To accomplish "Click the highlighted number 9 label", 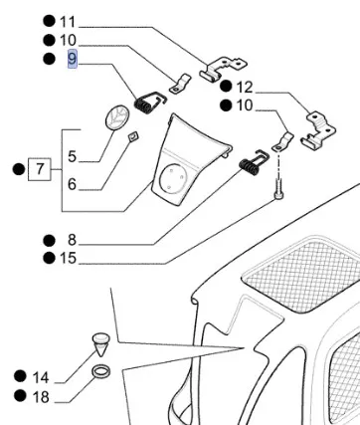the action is click(x=73, y=59).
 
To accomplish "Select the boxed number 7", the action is click(x=40, y=169).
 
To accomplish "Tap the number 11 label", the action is click(x=68, y=22).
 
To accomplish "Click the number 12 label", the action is click(x=245, y=88).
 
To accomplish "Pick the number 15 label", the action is click(x=68, y=258).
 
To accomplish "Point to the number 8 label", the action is click(x=72, y=240).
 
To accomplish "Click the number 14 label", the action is click(x=41, y=377).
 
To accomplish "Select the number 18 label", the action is click(x=41, y=396).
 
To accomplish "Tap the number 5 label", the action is click(x=72, y=156).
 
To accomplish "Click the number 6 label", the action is click(x=72, y=184).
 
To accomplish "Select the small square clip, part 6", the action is click(x=133, y=136).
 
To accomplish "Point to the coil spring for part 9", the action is click(x=149, y=102).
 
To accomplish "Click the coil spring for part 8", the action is click(x=254, y=163).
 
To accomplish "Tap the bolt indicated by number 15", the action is click(x=278, y=189).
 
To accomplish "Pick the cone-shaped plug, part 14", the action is click(x=101, y=345).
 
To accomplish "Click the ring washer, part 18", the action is click(x=100, y=371).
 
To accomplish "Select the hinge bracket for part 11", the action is click(x=223, y=69).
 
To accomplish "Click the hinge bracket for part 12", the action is click(x=318, y=129).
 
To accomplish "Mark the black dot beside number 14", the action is click(x=20, y=377).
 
